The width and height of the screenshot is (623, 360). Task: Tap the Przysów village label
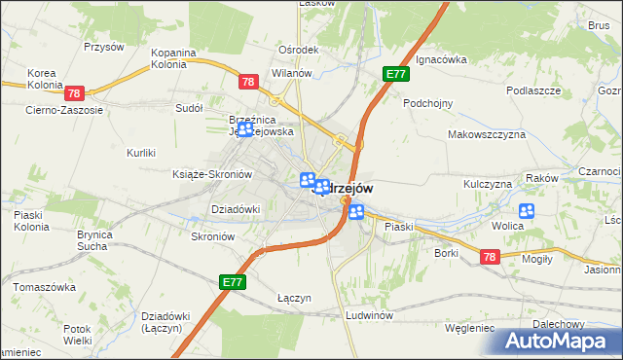(104, 46)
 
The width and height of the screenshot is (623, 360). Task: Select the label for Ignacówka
(441, 59)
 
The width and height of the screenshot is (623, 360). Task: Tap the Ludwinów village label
(368, 316)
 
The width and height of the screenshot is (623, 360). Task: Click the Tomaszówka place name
(44, 288)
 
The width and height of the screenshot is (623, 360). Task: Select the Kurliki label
(141, 153)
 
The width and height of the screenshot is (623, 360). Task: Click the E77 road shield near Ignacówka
(395, 74)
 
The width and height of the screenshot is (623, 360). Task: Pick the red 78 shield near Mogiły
(489, 257)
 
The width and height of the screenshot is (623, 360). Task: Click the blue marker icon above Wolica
(528, 210)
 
